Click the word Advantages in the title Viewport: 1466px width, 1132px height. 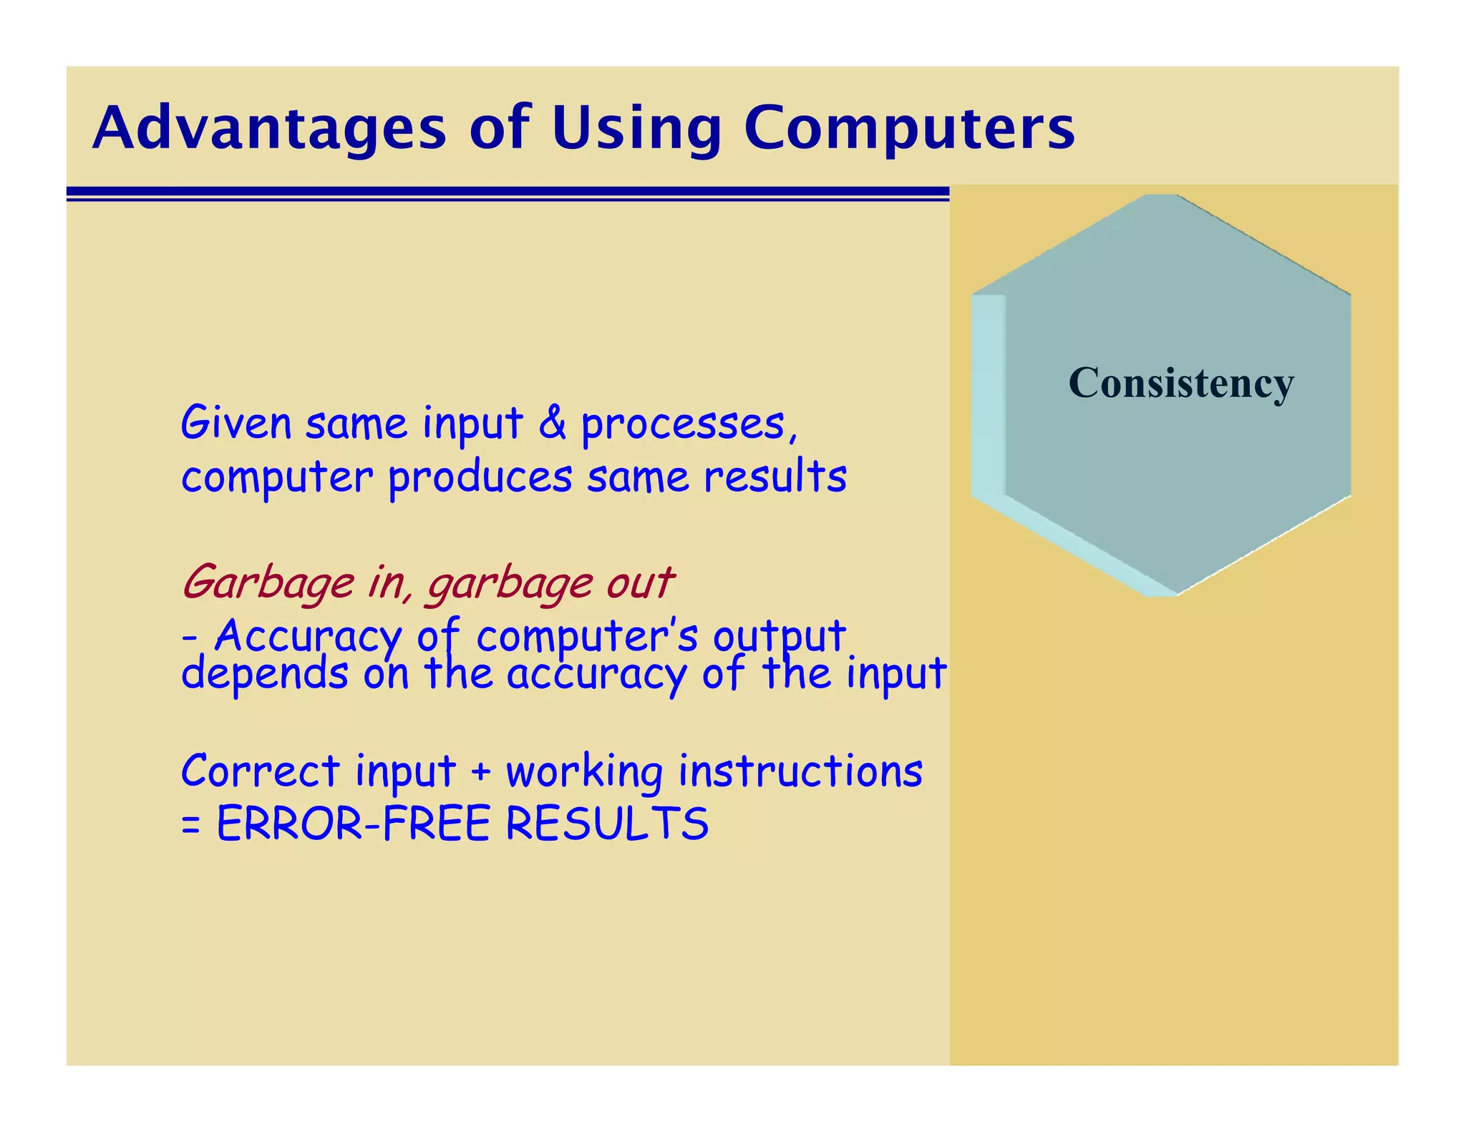coord(269,129)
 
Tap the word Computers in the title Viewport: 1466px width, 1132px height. coord(909,129)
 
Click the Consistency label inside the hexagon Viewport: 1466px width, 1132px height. coord(1181,384)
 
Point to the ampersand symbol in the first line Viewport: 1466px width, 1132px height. coord(552,423)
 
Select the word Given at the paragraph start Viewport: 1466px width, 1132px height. coord(236,423)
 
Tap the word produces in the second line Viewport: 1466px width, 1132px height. coord(480,478)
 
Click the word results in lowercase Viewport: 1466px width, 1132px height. coord(775,477)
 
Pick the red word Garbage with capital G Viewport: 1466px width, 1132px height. coord(268,583)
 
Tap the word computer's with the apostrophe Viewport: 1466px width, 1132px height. coord(586,636)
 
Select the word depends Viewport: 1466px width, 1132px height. coord(264,675)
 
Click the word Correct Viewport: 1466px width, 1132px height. coord(260,771)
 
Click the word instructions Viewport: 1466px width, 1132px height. coord(800,771)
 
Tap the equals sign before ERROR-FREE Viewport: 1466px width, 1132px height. coord(190,825)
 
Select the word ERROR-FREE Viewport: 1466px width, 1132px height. coord(353,824)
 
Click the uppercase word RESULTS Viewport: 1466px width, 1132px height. coord(607,824)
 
